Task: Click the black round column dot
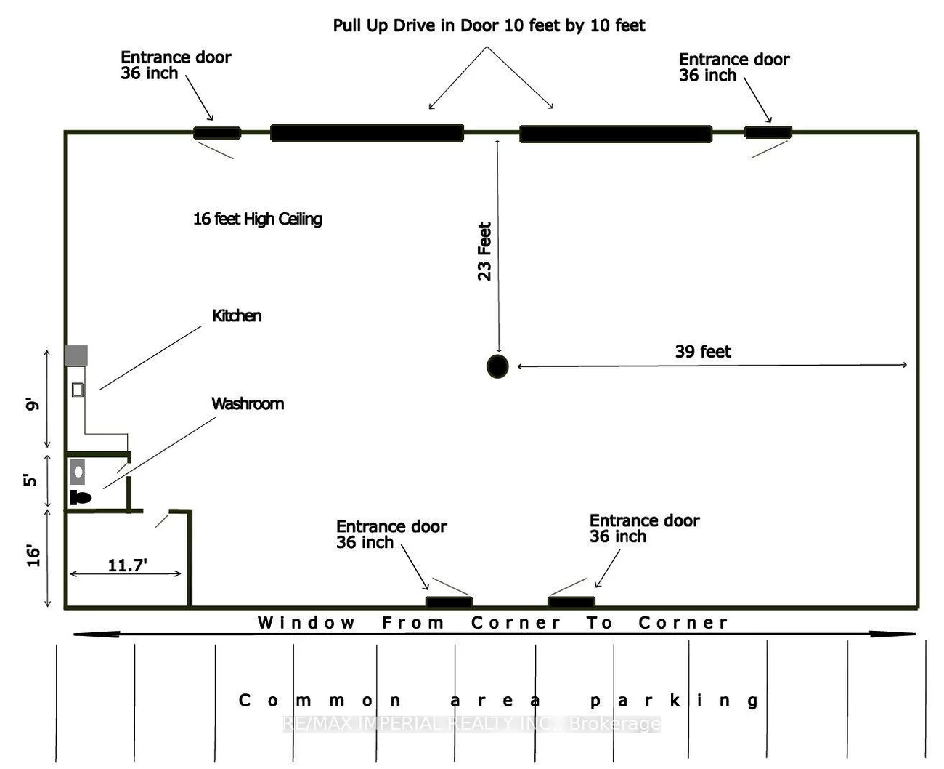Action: tap(497, 366)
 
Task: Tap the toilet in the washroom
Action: tap(80, 497)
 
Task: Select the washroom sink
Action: tap(78, 472)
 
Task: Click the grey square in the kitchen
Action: tap(76, 355)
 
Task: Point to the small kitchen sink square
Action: tap(78, 390)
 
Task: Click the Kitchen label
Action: tap(237, 315)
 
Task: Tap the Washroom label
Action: tap(248, 403)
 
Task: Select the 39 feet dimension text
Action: tap(703, 351)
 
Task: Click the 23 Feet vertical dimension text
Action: tap(484, 251)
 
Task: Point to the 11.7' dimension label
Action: tap(127, 565)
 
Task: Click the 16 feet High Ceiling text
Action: tap(258, 219)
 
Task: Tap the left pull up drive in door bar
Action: tap(367, 132)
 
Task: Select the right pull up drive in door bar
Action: tap(616, 134)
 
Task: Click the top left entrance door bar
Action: tap(217, 133)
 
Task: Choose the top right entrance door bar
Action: tap(768, 132)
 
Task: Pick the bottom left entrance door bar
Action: tap(449, 602)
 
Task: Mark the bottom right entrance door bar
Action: tap(571, 602)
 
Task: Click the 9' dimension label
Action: tap(32, 404)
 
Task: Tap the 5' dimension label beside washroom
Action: tap(30, 480)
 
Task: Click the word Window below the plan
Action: tap(306, 623)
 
